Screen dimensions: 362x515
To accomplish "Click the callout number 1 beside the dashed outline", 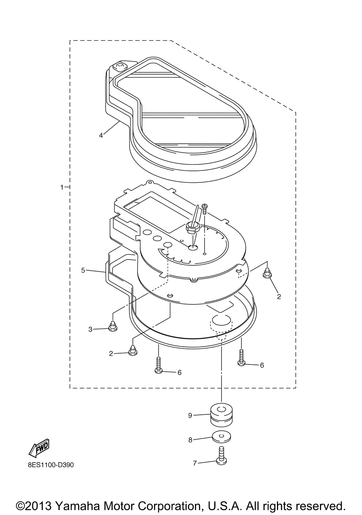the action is click(62, 187).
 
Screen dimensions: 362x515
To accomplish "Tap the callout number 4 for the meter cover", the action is click(101, 135).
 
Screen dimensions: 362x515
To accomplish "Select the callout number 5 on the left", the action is click(83, 270).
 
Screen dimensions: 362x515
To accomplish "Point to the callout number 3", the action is click(90, 329).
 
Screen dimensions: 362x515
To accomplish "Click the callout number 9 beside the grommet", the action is click(190, 415).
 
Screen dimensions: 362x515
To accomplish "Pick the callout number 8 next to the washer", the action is click(190, 440).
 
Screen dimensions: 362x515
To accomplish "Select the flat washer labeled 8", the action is click(222, 437).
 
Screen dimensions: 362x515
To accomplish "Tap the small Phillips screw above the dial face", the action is click(205, 208).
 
